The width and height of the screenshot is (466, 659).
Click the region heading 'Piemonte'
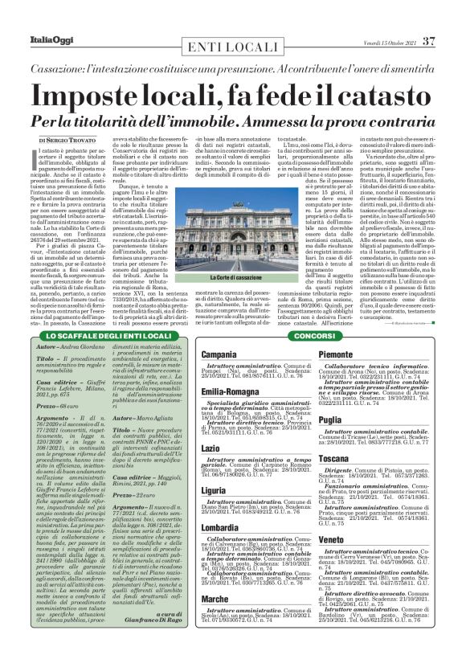(x=337, y=354)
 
